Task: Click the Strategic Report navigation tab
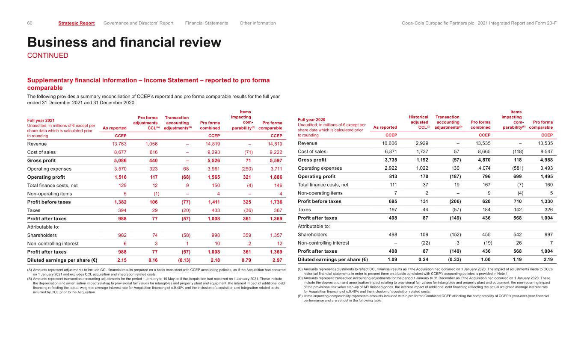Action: (76, 23)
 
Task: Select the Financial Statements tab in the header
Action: (207, 23)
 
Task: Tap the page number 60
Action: (30, 23)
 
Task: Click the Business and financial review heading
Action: (124, 42)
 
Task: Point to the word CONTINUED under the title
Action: (47, 56)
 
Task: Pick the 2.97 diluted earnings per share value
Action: (276, 260)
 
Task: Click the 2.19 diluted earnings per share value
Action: (546, 259)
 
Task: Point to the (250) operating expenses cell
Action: (247, 169)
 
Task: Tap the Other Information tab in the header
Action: (258, 23)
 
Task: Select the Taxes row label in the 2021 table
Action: (34, 210)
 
